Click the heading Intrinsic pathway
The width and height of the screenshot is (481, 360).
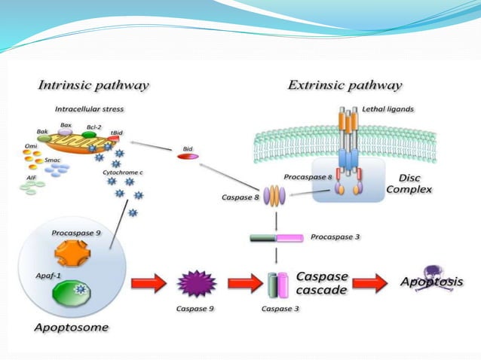(x=93, y=84)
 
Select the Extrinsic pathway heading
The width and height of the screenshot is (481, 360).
(x=345, y=84)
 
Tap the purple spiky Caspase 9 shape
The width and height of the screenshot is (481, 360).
(x=196, y=284)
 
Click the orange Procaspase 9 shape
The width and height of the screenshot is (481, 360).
(x=72, y=254)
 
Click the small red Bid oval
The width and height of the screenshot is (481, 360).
(x=188, y=157)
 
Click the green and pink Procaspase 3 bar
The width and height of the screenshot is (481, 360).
(x=276, y=238)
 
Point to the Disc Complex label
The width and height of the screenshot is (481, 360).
(x=409, y=183)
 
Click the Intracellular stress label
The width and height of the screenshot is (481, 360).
(x=90, y=109)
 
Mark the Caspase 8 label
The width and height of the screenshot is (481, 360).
(x=241, y=197)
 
